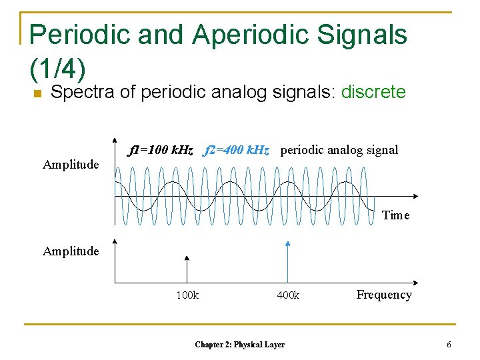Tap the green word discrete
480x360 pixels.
(x=373, y=92)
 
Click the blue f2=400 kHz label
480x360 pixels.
(x=237, y=150)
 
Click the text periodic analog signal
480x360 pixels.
(x=339, y=150)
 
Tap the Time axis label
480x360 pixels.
(x=395, y=215)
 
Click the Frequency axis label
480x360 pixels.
(x=384, y=295)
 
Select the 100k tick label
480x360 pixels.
(x=187, y=295)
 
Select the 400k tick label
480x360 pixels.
(x=288, y=295)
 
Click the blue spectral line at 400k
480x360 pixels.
(x=287, y=263)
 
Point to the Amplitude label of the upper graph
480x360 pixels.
(x=71, y=164)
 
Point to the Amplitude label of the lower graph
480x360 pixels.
(x=71, y=251)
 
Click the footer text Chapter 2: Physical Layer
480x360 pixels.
(x=239, y=345)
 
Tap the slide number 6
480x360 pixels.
(x=449, y=345)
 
